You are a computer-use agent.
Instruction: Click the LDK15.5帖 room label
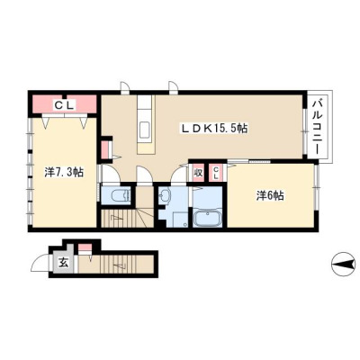(x=213, y=129)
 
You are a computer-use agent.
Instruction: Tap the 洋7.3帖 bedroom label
(x=64, y=172)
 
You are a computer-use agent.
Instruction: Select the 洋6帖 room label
(x=270, y=196)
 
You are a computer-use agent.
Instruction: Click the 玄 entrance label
(x=63, y=264)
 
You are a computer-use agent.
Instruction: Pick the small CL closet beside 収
(x=216, y=173)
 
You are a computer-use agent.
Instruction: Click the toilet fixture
(x=120, y=196)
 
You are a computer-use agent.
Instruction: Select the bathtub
(x=208, y=219)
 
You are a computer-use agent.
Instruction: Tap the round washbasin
(x=164, y=197)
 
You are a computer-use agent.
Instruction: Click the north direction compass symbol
(x=345, y=265)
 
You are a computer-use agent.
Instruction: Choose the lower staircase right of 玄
(x=116, y=264)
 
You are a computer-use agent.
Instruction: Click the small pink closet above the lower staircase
(x=85, y=247)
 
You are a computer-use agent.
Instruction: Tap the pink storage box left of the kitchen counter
(x=105, y=149)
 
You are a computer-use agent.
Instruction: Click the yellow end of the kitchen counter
(x=146, y=148)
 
